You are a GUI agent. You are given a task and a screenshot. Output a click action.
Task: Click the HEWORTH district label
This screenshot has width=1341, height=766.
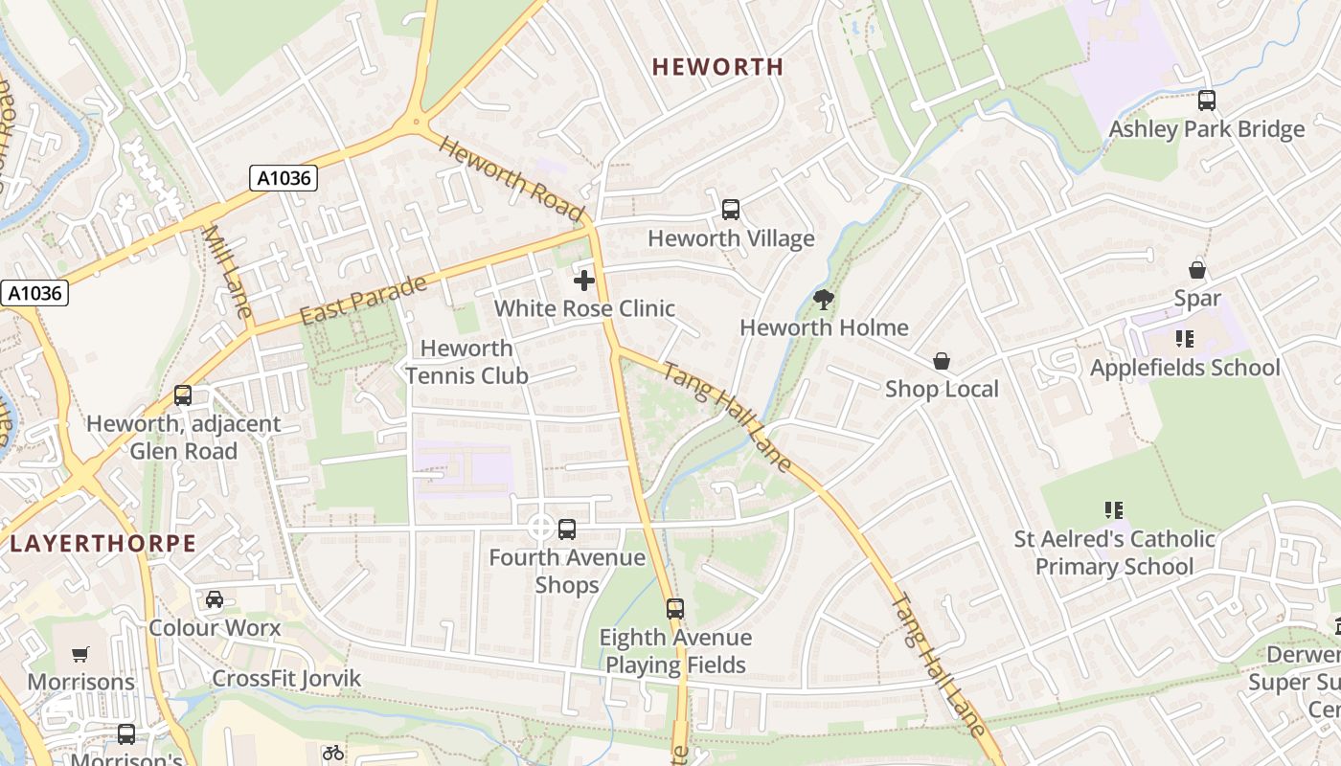tap(717, 67)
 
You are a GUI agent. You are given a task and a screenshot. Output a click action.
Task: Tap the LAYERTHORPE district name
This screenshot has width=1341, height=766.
tap(102, 544)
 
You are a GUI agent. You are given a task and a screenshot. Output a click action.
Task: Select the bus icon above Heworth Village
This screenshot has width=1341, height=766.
tap(731, 209)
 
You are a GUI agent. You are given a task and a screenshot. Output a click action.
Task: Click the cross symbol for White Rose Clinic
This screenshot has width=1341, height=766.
tap(584, 281)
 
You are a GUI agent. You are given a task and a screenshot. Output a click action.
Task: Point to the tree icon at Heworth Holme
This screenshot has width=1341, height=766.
tap(823, 300)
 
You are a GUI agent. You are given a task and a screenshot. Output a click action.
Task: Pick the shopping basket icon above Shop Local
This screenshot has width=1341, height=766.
tap(942, 361)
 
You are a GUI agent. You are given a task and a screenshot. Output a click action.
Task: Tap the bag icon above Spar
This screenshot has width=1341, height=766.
tap(1197, 270)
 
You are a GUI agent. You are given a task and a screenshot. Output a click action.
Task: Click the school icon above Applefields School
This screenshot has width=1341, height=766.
tap(1185, 339)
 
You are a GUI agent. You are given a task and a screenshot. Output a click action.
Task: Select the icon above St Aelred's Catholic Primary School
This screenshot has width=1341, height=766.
tap(1113, 509)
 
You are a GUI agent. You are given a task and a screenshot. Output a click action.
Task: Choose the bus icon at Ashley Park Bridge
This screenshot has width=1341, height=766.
tap(1207, 100)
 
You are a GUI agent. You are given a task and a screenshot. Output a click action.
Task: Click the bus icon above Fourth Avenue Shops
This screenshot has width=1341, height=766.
tap(567, 529)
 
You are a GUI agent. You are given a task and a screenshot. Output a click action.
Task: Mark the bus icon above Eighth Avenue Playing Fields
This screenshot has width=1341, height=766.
tap(675, 608)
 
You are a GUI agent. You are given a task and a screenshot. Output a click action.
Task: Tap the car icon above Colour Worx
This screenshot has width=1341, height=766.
tap(215, 599)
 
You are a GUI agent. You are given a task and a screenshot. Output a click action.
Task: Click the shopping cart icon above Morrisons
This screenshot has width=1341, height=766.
tap(80, 654)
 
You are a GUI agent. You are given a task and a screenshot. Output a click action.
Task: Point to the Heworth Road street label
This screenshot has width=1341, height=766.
tap(511, 178)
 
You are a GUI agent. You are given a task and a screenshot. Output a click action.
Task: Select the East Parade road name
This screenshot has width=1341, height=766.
tap(364, 301)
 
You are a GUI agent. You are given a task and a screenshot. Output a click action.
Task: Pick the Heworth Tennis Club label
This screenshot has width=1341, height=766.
tap(466, 362)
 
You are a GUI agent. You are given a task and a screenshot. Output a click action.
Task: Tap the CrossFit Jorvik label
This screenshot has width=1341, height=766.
tap(286, 679)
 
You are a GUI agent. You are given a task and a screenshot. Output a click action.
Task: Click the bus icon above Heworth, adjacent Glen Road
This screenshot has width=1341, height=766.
tap(183, 394)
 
